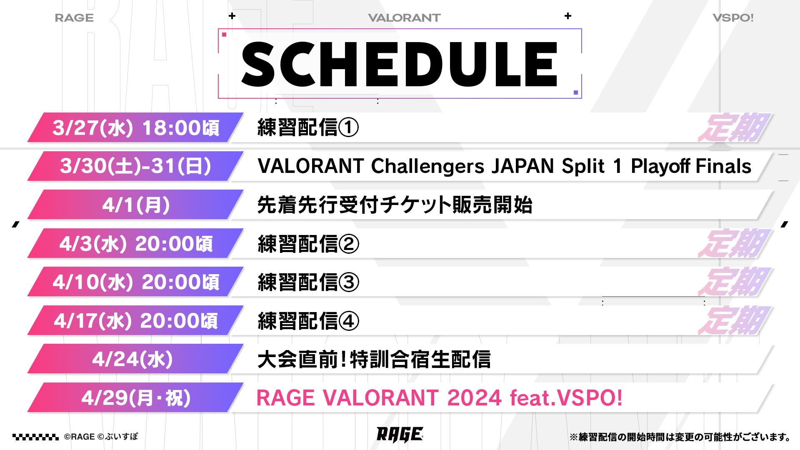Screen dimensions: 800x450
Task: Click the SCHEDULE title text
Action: [x=399, y=65]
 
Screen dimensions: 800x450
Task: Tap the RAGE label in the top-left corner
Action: [x=74, y=18]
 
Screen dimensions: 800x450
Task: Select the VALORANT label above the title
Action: [x=404, y=18]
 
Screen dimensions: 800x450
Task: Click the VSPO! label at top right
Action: [x=733, y=18]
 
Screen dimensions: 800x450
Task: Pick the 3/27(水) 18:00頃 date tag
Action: [x=135, y=127]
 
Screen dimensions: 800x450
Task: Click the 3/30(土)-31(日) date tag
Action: [x=135, y=166]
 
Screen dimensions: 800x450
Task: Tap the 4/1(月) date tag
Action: [x=135, y=205]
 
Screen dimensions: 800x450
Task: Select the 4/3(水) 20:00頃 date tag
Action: [x=135, y=243]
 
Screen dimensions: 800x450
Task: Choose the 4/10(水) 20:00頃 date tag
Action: [x=135, y=282]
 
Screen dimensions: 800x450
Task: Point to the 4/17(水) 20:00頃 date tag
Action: [x=135, y=320]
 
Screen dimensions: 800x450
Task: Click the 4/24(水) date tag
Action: [x=135, y=359]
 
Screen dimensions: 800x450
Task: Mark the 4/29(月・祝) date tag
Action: [x=135, y=397]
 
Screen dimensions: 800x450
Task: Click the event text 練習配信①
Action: [x=308, y=127]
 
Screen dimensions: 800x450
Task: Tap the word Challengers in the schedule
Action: [x=427, y=166]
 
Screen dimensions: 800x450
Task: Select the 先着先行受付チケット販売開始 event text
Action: [x=395, y=205]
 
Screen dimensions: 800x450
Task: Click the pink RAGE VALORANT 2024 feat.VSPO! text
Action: [x=440, y=397]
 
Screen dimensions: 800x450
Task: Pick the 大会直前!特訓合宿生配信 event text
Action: [x=374, y=359]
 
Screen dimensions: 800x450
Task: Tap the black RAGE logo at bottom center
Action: [x=400, y=435]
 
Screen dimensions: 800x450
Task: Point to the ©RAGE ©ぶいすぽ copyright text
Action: [x=101, y=437]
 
